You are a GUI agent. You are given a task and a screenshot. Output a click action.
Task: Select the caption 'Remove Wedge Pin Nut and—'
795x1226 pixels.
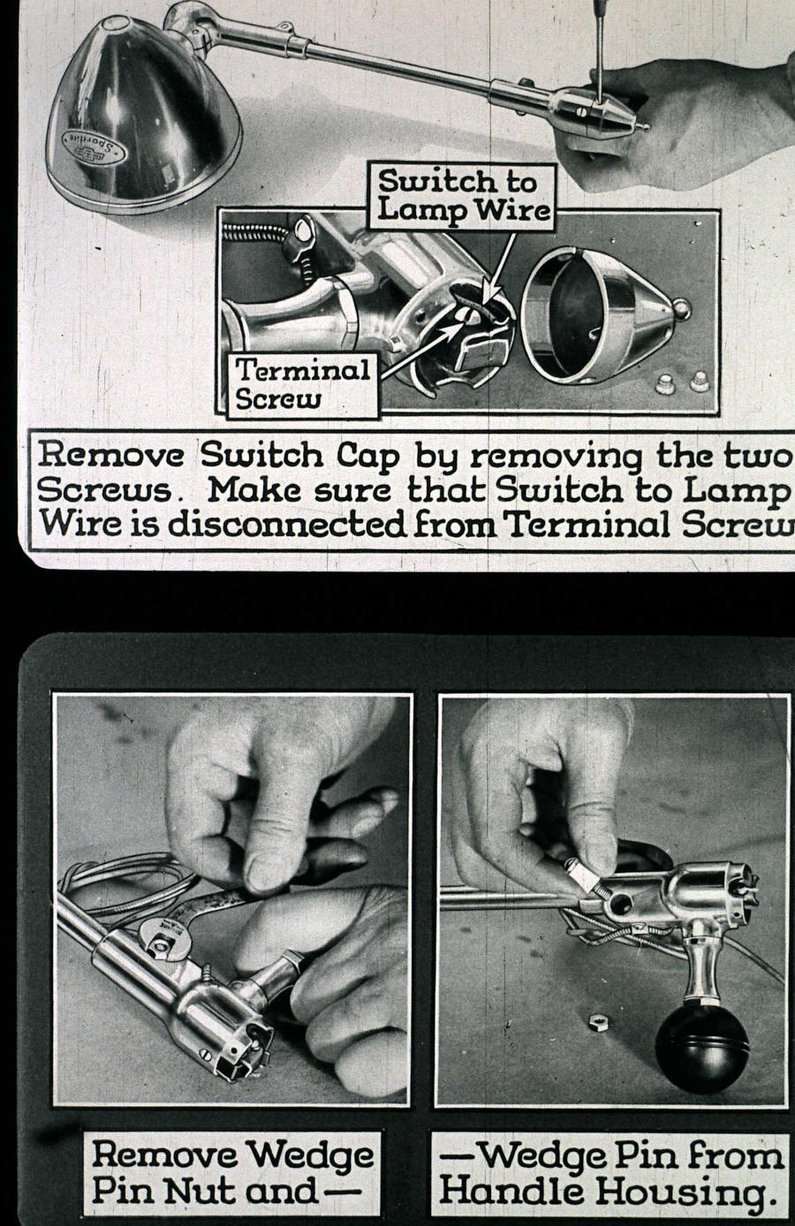[233, 1172]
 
